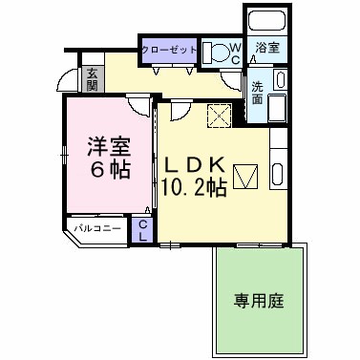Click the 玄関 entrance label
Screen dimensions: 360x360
coord(93,78)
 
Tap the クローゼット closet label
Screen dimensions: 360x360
coord(169,50)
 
